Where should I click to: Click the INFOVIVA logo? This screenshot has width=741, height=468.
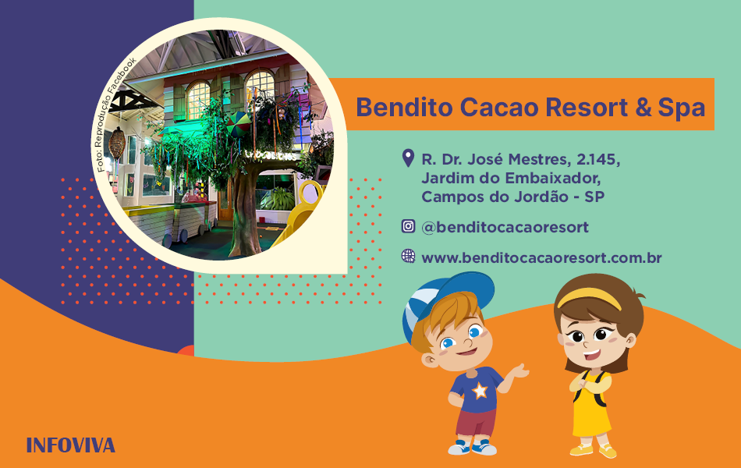pos(71,445)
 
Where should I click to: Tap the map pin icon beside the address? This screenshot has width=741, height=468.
pos(408,158)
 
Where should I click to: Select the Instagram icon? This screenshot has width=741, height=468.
pos(408,226)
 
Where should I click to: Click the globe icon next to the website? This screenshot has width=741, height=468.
pos(408,256)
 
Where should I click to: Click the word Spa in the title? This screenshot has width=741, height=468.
pos(682,108)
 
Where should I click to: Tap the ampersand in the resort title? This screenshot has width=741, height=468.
pos(643,108)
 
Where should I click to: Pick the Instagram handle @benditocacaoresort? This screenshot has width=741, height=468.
pos(505,228)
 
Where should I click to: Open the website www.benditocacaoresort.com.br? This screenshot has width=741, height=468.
pos(541,257)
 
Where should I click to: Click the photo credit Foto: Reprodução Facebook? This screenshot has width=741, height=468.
pos(116,115)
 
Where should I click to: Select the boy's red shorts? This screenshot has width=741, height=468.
pos(476,423)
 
